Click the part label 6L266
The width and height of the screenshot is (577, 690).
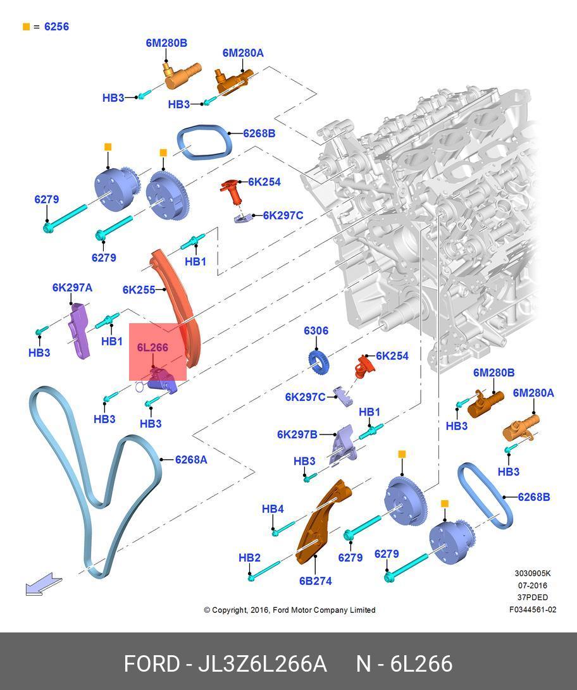pos(152,347)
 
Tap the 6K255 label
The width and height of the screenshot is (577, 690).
pos(139,290)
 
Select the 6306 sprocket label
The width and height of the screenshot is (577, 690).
pos(316,331)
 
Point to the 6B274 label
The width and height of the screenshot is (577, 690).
pos(315,581)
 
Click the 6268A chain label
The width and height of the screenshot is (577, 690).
pos(191,460)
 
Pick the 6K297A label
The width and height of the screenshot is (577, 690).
pos(72,288)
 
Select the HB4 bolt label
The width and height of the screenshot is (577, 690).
pos(273,509)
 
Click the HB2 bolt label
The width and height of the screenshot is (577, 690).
pos(249,558)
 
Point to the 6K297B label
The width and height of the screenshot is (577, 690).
pos(297,434)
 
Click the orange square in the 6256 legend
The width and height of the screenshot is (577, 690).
pos(26,27)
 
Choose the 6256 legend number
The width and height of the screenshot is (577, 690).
pos(56,27)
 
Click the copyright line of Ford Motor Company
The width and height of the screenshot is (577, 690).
pos(289,610)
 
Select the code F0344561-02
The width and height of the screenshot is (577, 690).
pos(533,610)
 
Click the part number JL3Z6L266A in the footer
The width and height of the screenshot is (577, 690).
pos(263,664)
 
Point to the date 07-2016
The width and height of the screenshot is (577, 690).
pos(532,586)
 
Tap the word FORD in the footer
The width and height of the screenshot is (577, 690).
pos(151,664)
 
